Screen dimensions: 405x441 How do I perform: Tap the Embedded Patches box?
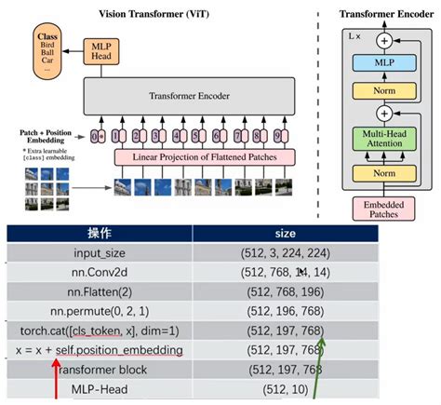382,209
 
